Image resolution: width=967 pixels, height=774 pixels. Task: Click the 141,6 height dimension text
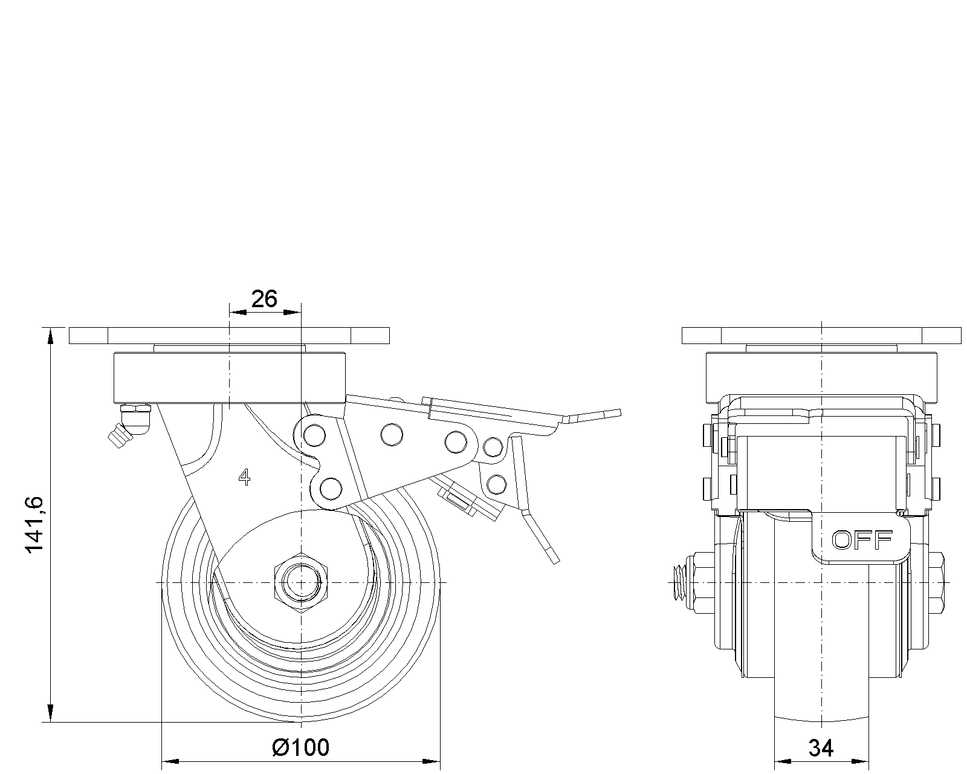34,524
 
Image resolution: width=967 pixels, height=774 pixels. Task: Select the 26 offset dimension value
264,298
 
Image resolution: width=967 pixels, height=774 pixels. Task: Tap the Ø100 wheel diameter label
301,747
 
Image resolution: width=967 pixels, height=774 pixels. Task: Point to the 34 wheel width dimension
821,749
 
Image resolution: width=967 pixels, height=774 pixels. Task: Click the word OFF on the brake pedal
862,539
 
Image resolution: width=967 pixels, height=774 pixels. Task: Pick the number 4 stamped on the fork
244,478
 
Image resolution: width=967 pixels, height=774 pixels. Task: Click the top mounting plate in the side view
229,335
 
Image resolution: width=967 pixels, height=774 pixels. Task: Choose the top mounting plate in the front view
821,335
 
